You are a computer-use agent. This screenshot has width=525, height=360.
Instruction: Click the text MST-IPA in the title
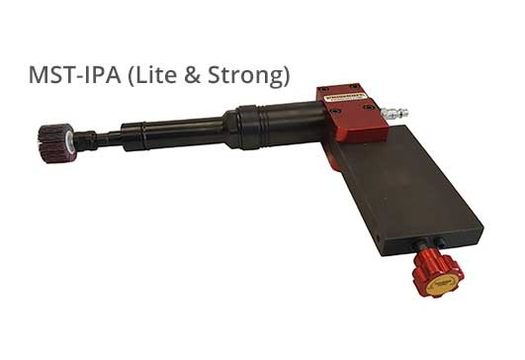tap(75, 74)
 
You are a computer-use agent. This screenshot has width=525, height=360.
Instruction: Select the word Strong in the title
tap(246, 76)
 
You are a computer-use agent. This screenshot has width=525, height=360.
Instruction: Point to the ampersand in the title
tap(193, 75)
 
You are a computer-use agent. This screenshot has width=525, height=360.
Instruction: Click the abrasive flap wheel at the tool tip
tap(56, 143)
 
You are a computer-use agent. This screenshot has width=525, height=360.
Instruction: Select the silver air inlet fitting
tap(394, 112)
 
